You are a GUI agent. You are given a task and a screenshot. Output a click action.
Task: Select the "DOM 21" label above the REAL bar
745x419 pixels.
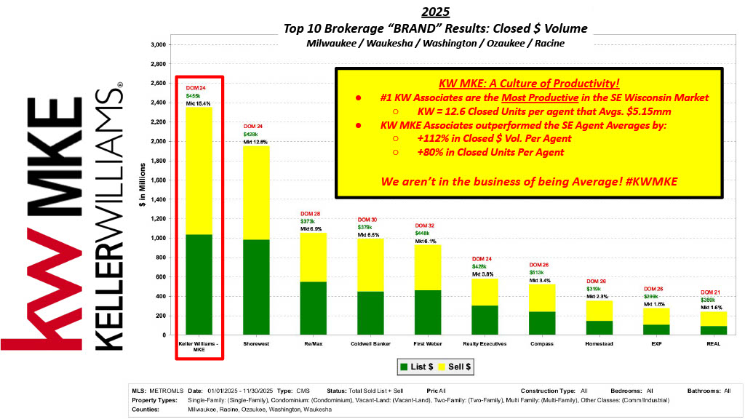[714, 292]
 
